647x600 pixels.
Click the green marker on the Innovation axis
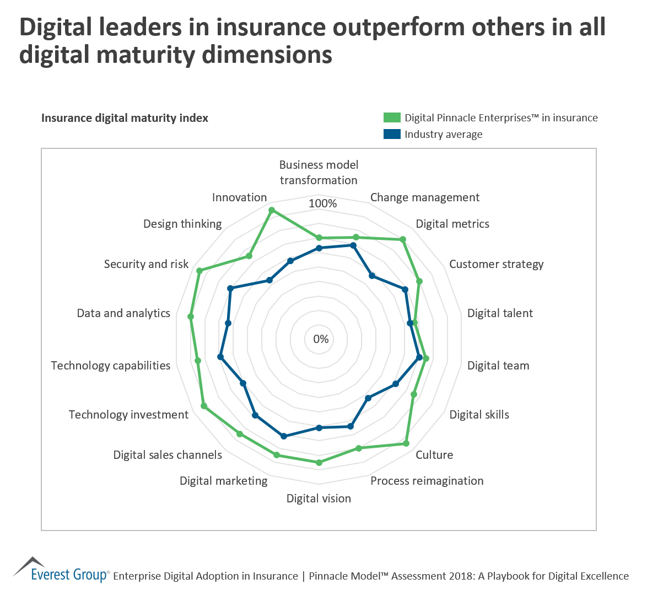(x=271, y=210)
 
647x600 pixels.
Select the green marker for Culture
(x=406, y=443)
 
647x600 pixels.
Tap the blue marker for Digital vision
(x=319, y=427)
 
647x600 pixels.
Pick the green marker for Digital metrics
(x=403, y=239)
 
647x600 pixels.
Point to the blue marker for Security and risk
(x=231, y=288)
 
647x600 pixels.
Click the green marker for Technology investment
(x=204, y=406)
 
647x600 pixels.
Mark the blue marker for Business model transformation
(x=319, y=248)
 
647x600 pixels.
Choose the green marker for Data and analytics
(x=191, y=317)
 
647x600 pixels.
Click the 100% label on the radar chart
(x=322, y=203)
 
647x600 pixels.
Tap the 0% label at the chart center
(x=321, y=339)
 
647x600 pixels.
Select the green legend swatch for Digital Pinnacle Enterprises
(x=392, y=117)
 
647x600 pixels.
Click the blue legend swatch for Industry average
(x=392, y=134)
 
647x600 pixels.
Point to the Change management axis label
(x=424, y=197)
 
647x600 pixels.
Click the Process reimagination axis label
(x=427, y=481)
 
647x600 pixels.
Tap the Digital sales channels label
(x=168, y=455)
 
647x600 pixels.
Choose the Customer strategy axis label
(x=496, y=264)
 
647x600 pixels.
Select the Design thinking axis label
(x=182, y=224)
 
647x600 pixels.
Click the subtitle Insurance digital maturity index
(x=125, y=118)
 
